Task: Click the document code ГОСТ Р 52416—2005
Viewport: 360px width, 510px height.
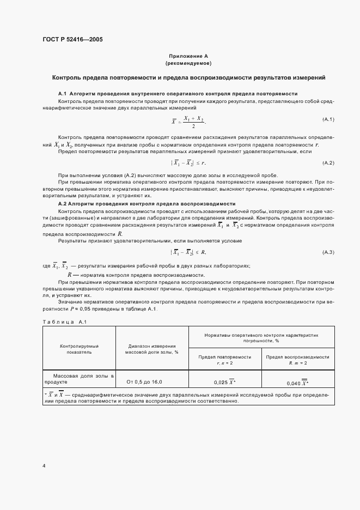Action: pos(72,40)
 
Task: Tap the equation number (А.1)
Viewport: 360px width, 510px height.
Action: pos(328,119)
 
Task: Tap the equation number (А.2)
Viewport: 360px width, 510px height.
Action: pos(328,163)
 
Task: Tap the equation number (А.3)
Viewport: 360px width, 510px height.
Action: pos(328,252)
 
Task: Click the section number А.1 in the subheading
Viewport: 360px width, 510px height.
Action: pos(62,93)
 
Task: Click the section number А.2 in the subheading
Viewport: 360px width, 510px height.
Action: pos(62,203)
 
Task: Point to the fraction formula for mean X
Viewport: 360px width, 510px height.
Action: pos(188,121)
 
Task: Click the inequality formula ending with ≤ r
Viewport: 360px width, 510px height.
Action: pos(188,163)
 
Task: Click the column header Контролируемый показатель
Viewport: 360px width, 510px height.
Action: pos(79,349)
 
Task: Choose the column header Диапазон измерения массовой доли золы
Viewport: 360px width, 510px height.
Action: pos(152,349)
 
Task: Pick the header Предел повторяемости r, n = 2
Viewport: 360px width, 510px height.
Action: pos(225,359)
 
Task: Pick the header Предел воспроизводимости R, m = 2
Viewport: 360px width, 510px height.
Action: pos(297,359)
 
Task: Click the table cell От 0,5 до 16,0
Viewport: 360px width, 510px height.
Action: pos(144,382)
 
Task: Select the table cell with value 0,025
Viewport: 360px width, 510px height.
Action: pos(225,382)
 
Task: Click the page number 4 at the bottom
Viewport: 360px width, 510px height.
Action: pos(44,466)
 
